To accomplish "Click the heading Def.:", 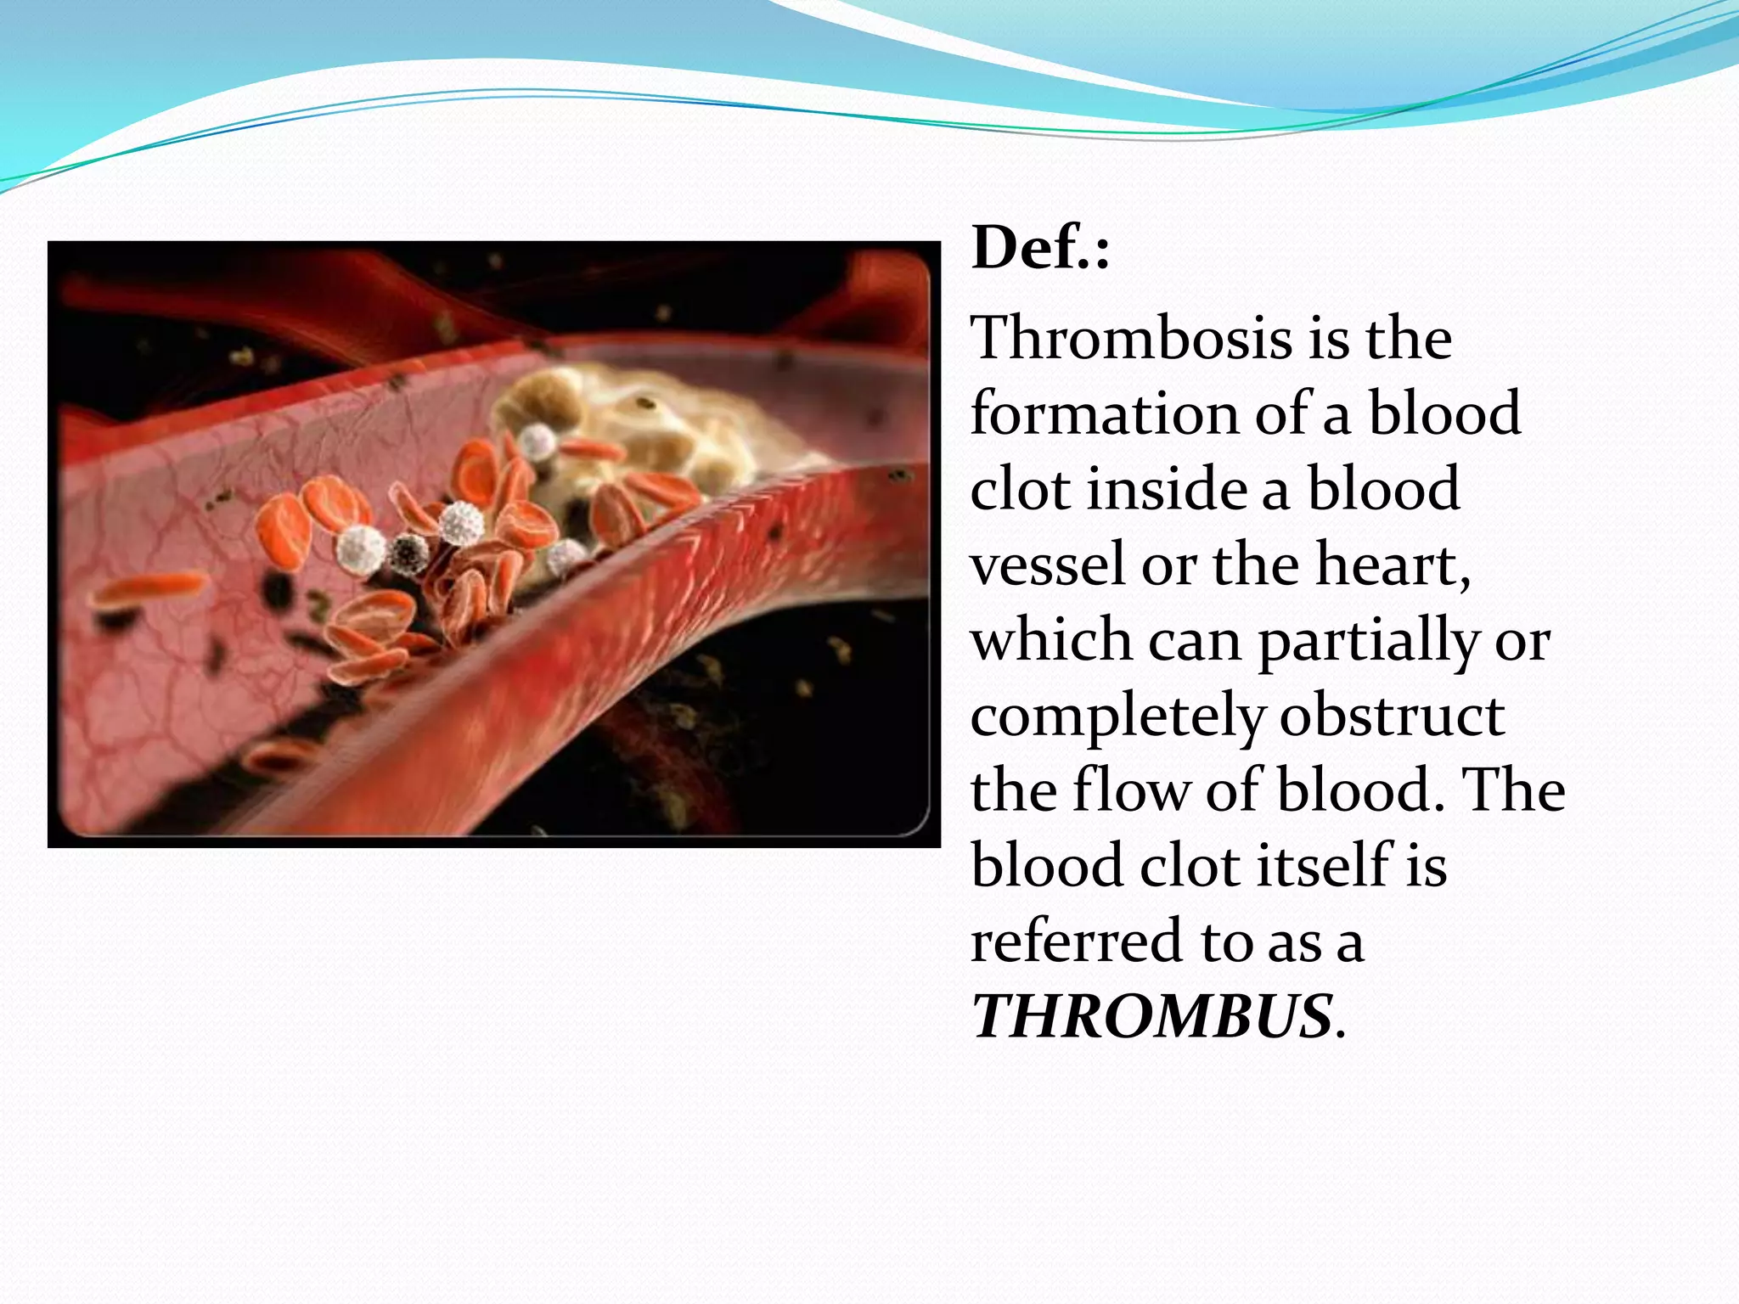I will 1040,248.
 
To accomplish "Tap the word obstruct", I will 1392,716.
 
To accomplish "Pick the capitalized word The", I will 1516,790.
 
